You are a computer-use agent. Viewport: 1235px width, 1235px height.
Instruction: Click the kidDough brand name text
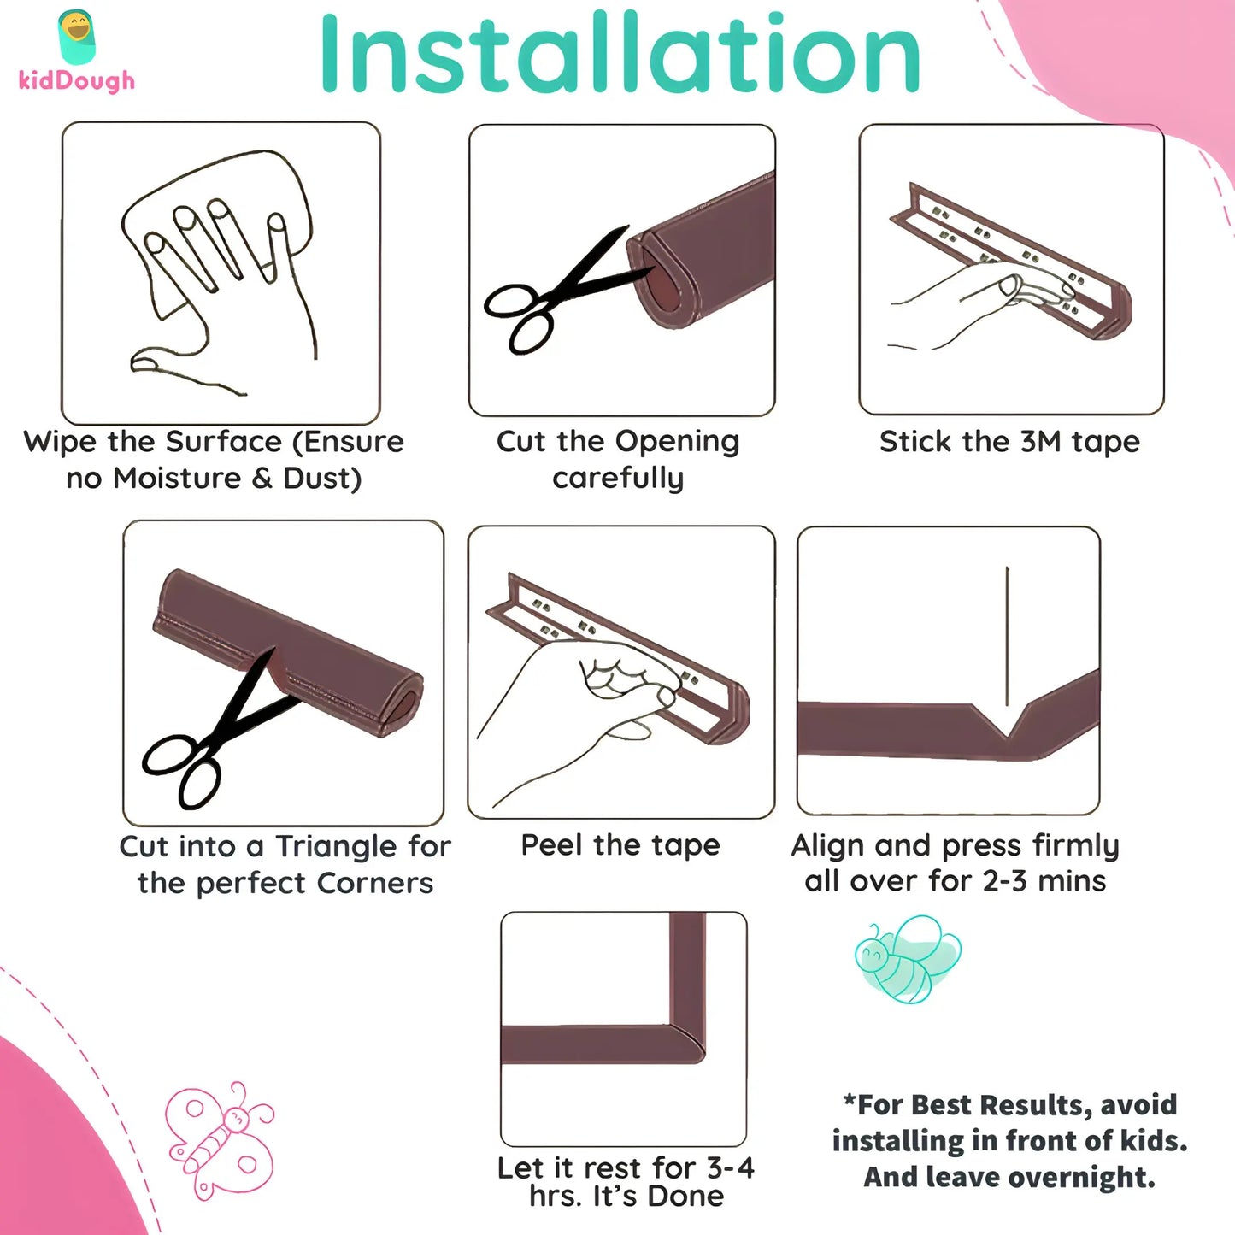point(77,80)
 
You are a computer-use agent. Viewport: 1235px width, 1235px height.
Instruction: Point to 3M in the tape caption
point(1041,442)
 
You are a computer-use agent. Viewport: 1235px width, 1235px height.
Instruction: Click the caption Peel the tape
point(620,845)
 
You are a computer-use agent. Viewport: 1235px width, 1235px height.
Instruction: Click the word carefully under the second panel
point(618,479)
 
